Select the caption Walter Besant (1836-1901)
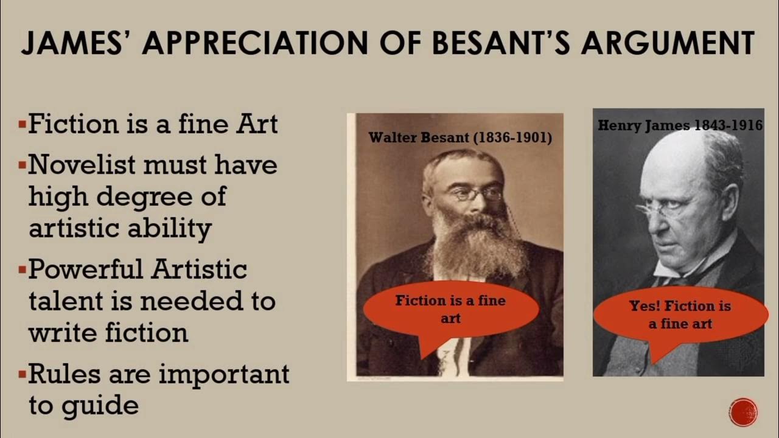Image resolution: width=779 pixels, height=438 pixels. pos(460,137)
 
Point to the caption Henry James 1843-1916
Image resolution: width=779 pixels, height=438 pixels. pos(680,125)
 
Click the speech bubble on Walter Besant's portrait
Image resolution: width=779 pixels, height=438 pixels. pos(450,309)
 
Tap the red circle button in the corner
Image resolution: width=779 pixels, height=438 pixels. pos(743,412)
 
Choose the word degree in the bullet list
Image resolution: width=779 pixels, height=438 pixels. pos(143,196)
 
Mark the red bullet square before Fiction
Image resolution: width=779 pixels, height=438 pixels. pos(23,126)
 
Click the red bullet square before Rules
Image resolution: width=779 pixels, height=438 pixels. pos(23,372)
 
